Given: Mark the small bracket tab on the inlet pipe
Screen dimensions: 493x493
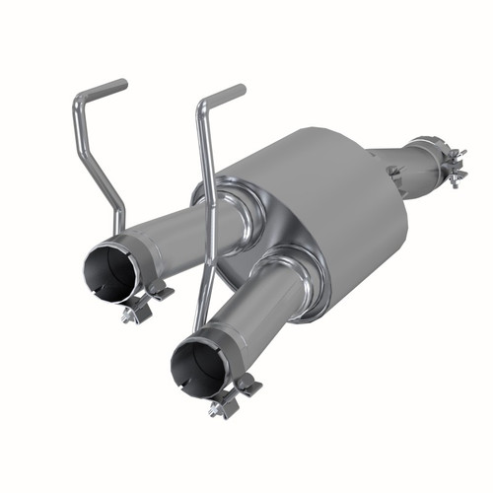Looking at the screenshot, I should [x=394, y=174].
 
